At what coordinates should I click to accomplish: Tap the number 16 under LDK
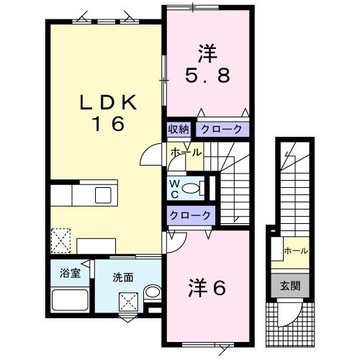click(x=107, y=124)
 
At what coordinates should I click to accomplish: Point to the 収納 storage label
click(x=179, y=130)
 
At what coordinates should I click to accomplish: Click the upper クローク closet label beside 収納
click(x=222, y=130)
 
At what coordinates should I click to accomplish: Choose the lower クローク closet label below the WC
click(x=190, y=215)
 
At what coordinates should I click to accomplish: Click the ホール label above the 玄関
click(x=296, y=251)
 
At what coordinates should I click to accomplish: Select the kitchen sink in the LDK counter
click(x=101, y=195)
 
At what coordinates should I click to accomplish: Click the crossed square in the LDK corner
click(x=60, y=238)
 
